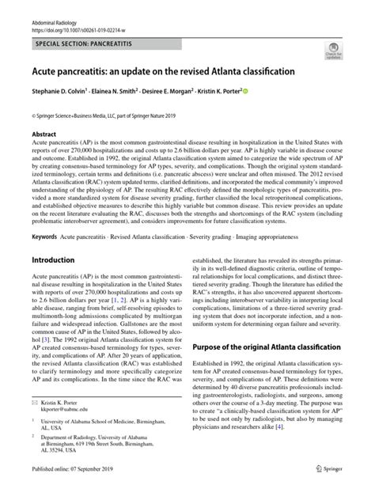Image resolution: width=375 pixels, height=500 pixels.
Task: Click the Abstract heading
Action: [44, 134]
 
